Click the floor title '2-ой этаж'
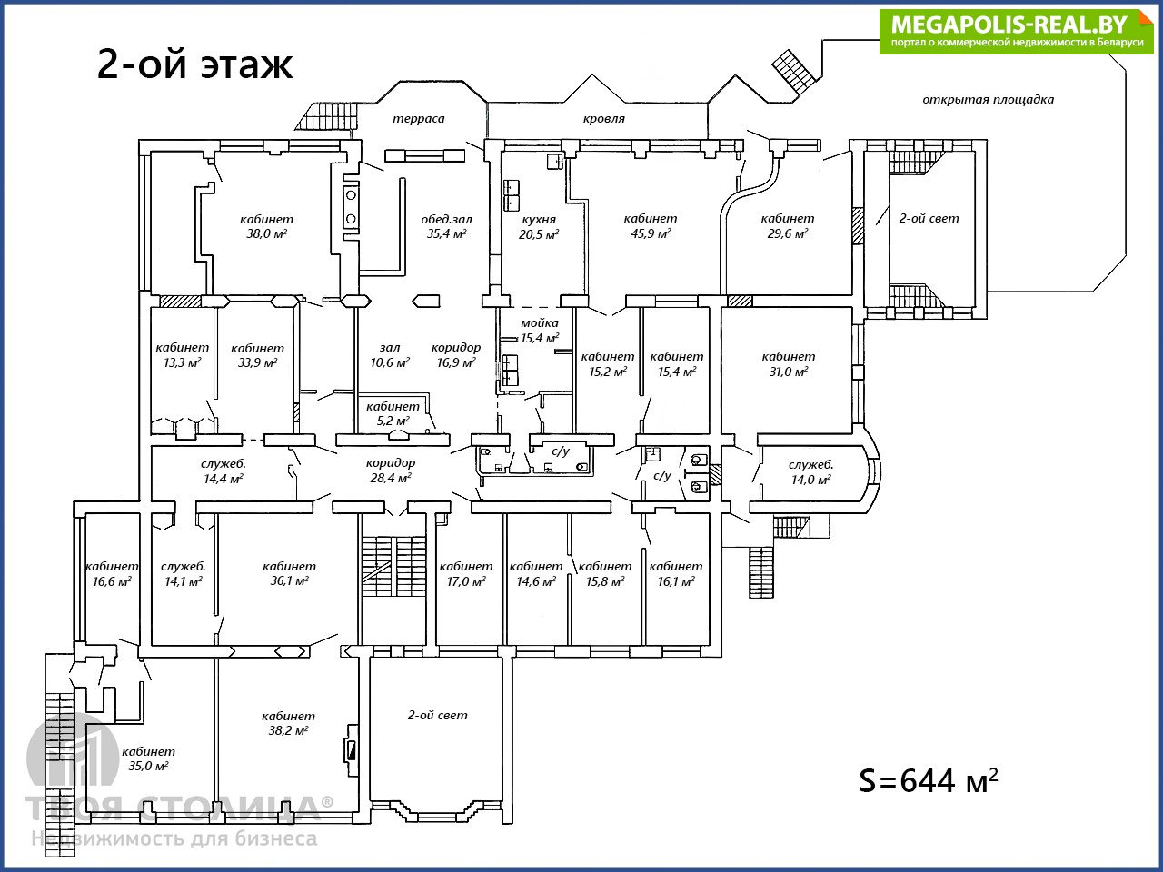point(194,64)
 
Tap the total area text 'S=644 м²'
point(929,780)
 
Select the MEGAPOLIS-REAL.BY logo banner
point(1016,31)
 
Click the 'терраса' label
point(419,119)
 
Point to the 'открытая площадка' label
point(989,99)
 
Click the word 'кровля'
point(604,119)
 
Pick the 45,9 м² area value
point(651,233)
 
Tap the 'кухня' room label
point(539,219)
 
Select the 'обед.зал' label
point(447,219)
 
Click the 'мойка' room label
point(540,322)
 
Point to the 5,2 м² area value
point(393,421)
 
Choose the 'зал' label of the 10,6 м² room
point(390,348)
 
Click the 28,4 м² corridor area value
point(391,478)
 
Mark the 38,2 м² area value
point(288,730)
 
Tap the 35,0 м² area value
point(148,766)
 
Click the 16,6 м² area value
point(112,581)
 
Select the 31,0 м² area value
point(789,372)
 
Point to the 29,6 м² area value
point(788,233)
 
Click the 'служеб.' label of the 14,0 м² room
point(810,465)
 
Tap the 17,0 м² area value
point(466,581)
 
